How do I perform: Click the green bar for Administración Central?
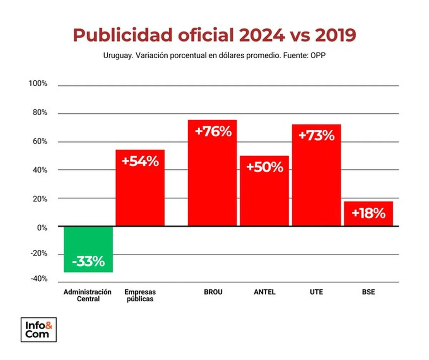click(x=88, y=249)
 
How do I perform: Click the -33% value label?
click(x=88, y=262)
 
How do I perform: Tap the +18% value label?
click(x=369, y=214)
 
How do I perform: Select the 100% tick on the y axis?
click(x=38, y=84)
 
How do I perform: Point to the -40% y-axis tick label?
click(x=38, y=279)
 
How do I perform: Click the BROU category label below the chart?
click(x=213, y=292)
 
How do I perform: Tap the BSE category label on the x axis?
click(x=368, y=292)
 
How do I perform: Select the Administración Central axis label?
click(x=88, y=295)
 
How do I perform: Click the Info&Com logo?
click(x=39, y=329)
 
